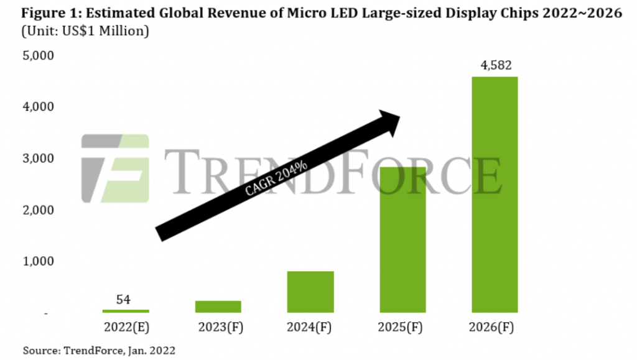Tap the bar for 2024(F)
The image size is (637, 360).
coord(310,292)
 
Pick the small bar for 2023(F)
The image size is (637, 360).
coord(218,307)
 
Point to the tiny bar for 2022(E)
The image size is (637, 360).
coord(126,311)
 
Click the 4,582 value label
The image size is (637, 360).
coord(495,65)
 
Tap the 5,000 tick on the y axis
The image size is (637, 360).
coord(38,56)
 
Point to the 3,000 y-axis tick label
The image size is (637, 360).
coord(38,159)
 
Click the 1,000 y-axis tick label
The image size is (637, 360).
coord(38,262)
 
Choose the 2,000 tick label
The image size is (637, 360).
coord(38,211)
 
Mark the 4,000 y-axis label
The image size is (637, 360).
coord(38,108)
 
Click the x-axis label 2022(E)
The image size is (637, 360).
coord(126,328)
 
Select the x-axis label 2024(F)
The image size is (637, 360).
coord(310,328)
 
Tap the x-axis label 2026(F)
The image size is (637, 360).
coord(495,328)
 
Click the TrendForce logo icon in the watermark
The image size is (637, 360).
coord(115,168)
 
